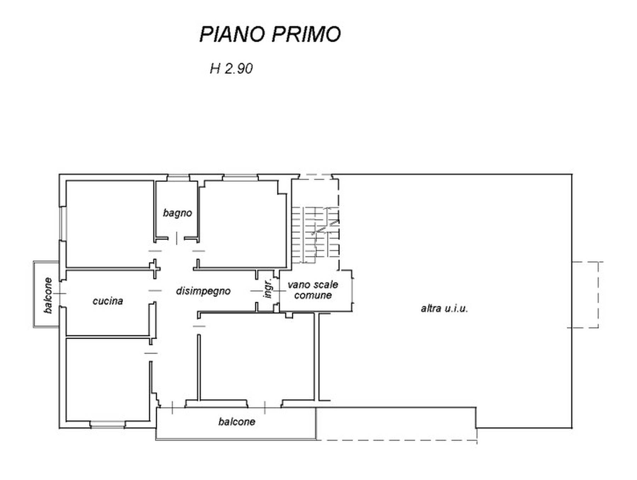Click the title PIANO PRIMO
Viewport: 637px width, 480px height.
(x=270, y=34)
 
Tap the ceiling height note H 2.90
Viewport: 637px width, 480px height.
(x=231, y=68)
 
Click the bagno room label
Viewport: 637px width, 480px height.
(x=177, y=213)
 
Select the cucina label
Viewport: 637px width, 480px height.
(x=108, y=301)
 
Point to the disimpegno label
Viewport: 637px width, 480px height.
(x=203, y=291)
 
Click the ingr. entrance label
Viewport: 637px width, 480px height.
(x=269, y=288)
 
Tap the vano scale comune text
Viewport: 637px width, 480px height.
(x=312, y=290)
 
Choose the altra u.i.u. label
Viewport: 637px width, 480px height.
(x=444, y=308)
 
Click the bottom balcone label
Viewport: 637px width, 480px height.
(x=236, y=422)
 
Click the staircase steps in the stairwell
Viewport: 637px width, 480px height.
(x=315, y=235)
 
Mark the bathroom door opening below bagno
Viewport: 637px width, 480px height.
(x=177, y=239)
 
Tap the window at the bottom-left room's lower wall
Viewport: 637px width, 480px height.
(x=108, y=424)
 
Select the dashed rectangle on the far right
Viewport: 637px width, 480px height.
(x=585, y=295)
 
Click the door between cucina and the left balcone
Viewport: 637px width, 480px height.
(x=62, y=293)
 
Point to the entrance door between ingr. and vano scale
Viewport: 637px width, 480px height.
(x=277, y=291)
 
